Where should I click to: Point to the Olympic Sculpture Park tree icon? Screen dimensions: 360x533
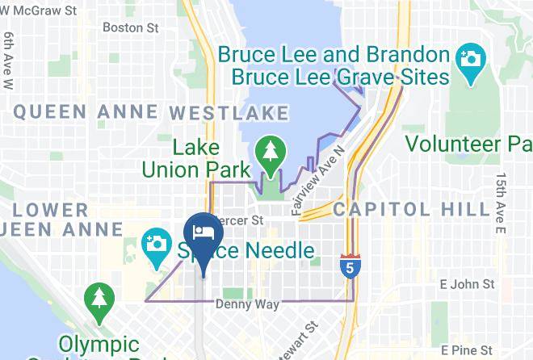click(x=98, y=296)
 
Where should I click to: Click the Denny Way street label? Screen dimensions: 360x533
click(x=247, y=304)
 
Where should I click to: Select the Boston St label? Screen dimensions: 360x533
click(x=131, y=27)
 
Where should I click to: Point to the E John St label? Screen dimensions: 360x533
click(x=467, y=284)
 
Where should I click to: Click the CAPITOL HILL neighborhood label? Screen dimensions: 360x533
click(x=411, y=208)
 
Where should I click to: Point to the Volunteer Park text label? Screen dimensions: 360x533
click(x=468, y=144)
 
